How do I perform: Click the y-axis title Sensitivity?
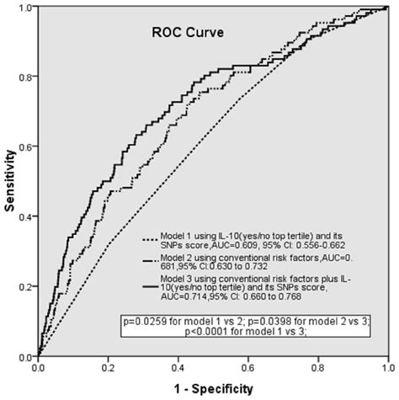11,181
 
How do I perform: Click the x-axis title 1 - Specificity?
211,389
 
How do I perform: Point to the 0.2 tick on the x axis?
108,367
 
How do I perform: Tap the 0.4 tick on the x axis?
178,367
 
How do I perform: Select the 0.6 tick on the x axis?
247,367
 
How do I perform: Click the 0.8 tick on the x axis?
317,367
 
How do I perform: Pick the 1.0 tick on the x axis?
386,367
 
